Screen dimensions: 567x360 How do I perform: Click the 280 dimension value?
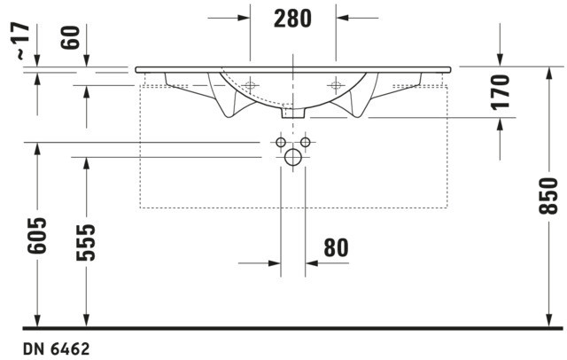pyautogui.click(x=292, y=19)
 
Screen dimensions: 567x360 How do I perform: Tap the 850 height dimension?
pyautogui.click(x=548, y=195)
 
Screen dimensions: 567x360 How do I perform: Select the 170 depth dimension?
pyautogui.click(x=500, y=92)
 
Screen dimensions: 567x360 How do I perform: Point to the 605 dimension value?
pyautogui.click(x=37, y=235)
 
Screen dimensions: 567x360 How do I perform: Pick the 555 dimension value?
pyautogui.click(x=86, y=242)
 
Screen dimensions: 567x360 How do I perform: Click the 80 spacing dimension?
pyautogui.click(x=337, y=248)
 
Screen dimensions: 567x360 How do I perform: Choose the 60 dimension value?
pyautogui.click(x=70, y=37)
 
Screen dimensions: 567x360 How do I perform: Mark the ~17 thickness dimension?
pyautogui.click(x=22, y=41)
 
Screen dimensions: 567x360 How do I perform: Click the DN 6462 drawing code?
pyautogui.click(x=57, y=349)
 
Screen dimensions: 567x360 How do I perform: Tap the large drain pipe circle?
pyautogui.click(x=293, y=157)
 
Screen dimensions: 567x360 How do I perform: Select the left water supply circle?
pyautogui.click(x=281, y=142)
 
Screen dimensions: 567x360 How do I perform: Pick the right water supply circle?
pyautogui.click(x=305, y=142)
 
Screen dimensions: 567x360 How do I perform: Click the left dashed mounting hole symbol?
pyautogui.click(x=250, y=85)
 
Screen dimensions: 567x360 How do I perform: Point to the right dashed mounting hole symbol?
pyautogui.click(x=336, y=85)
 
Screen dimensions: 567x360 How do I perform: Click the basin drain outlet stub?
pyautogui.click(x=293, y=113)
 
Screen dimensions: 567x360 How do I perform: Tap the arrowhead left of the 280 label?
pyautogui.click(x=244, y=18)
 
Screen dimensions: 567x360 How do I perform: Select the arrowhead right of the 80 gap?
pyautogui.click(x=311, y=263)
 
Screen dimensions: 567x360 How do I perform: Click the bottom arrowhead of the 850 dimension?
pyautogui.click(x=549, y=320)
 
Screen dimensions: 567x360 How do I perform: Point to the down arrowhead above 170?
pyautogui.click(x=500, y=59)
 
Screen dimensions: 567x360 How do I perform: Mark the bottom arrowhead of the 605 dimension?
pyautogui.click(x=37, y=320)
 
